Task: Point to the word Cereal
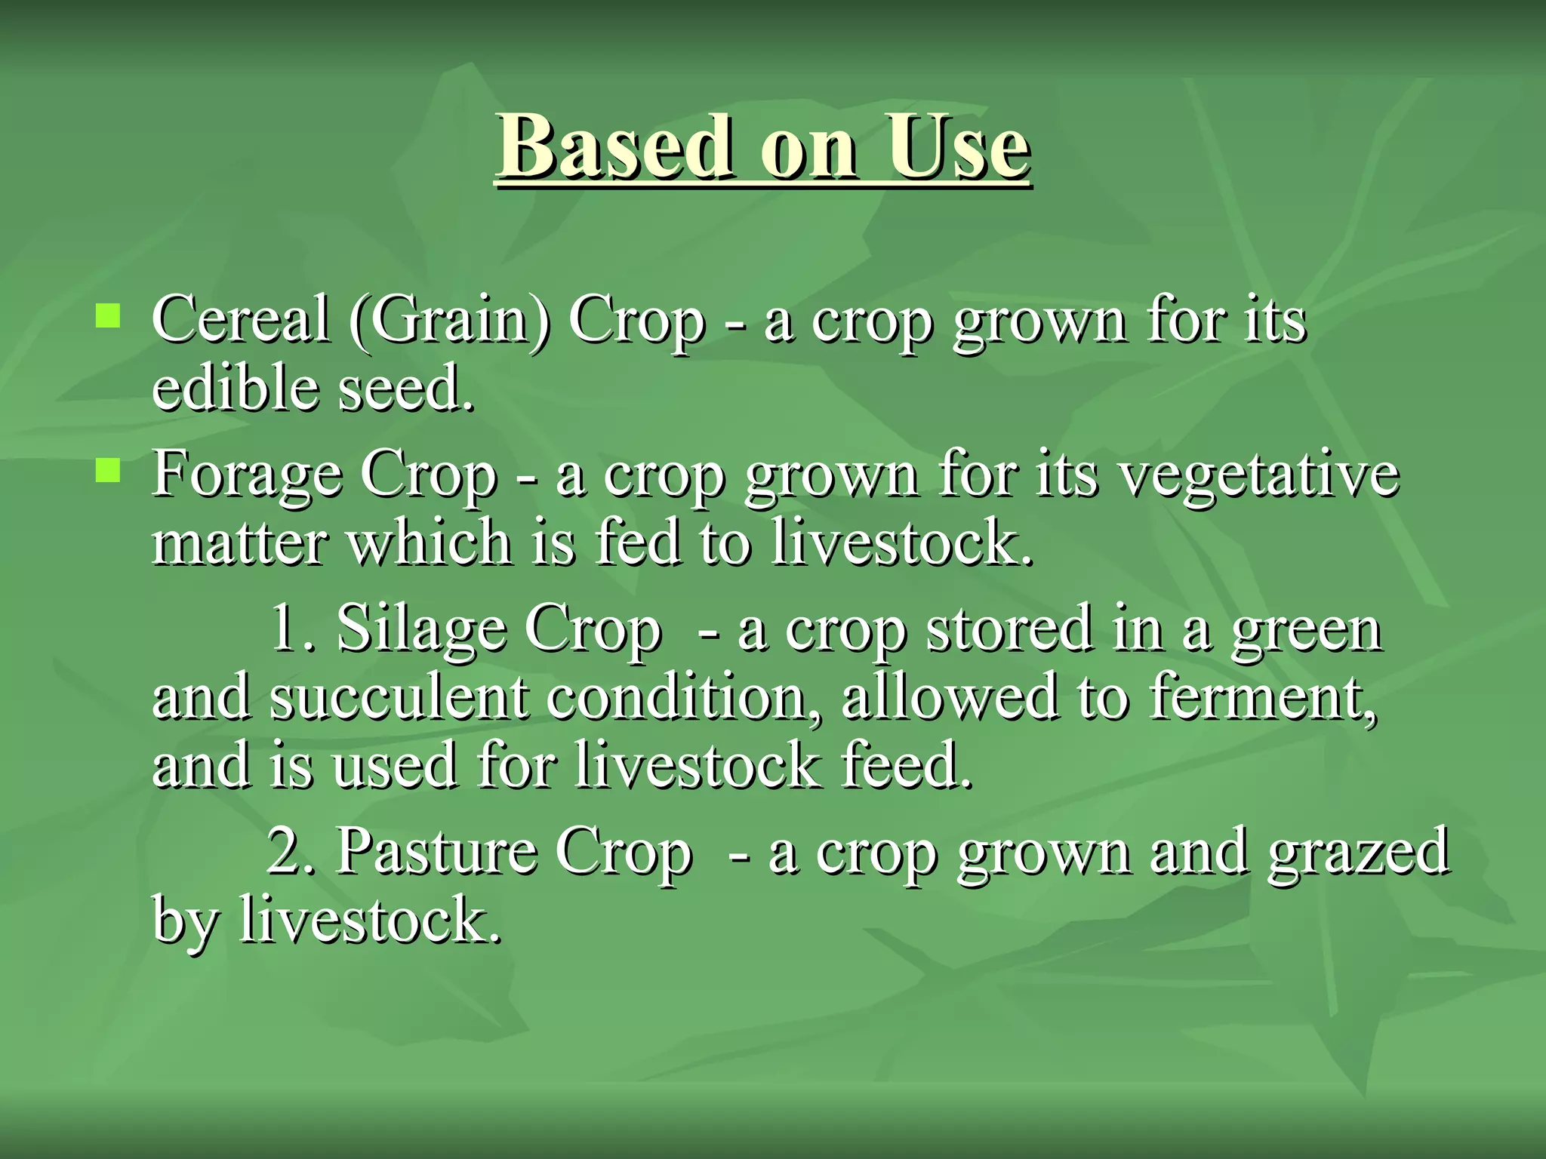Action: tap(241, 319)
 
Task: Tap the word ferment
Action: tap(1264, 697)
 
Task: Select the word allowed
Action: tap(949, 697)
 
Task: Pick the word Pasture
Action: tap(436, 851)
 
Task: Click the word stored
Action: tap(1009, 628)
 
